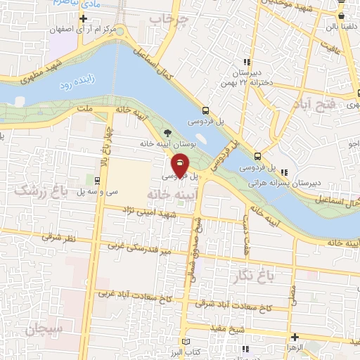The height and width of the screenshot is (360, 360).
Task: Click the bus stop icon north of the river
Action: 205,110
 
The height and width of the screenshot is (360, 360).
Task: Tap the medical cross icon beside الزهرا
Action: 295,337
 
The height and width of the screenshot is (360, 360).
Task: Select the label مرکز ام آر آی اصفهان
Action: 83,30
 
